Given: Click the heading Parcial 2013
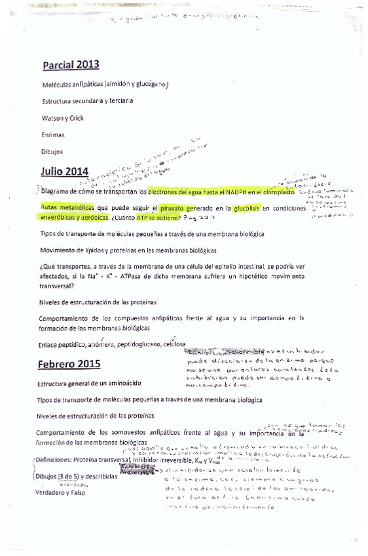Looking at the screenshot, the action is (71, 64).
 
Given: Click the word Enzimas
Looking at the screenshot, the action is (52, 134).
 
